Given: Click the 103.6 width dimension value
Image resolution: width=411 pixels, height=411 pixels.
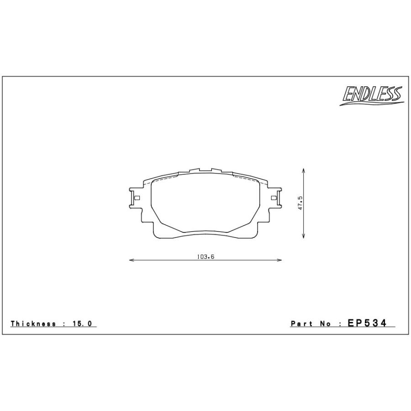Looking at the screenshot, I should point(205,257).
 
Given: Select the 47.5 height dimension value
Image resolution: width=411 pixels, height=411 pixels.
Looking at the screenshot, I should point(300,203).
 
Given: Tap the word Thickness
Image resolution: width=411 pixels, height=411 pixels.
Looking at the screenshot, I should point(33,324).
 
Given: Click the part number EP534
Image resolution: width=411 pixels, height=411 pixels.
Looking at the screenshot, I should point(367,323).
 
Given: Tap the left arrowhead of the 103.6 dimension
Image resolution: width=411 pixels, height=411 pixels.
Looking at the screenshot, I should point(132,260).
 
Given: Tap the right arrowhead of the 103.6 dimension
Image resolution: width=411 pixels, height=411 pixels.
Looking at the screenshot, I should point(279,260).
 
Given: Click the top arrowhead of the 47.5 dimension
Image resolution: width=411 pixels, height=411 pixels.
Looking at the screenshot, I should point(304,169).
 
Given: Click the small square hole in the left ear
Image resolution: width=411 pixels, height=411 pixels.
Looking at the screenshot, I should point(136,198).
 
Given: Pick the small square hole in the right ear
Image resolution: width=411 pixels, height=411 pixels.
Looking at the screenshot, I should point(274,198).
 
